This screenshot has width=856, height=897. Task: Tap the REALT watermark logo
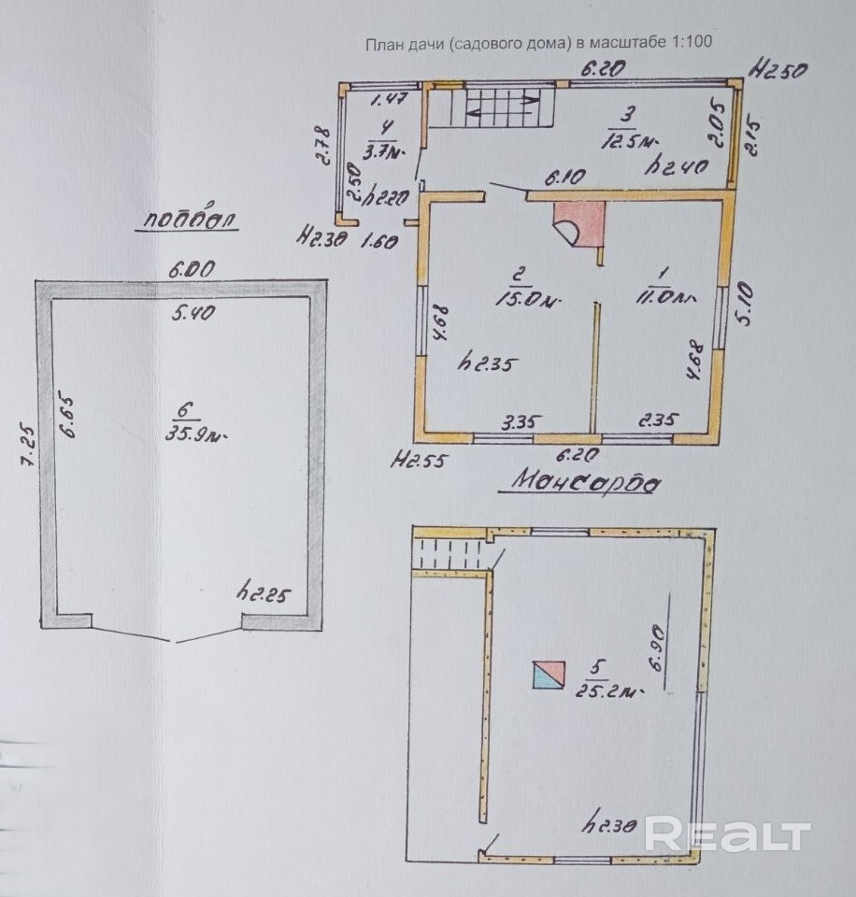tap(727, 834)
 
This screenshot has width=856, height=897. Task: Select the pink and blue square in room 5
tap(549, 674)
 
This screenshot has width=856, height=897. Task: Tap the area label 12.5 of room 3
tap(628, 140)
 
